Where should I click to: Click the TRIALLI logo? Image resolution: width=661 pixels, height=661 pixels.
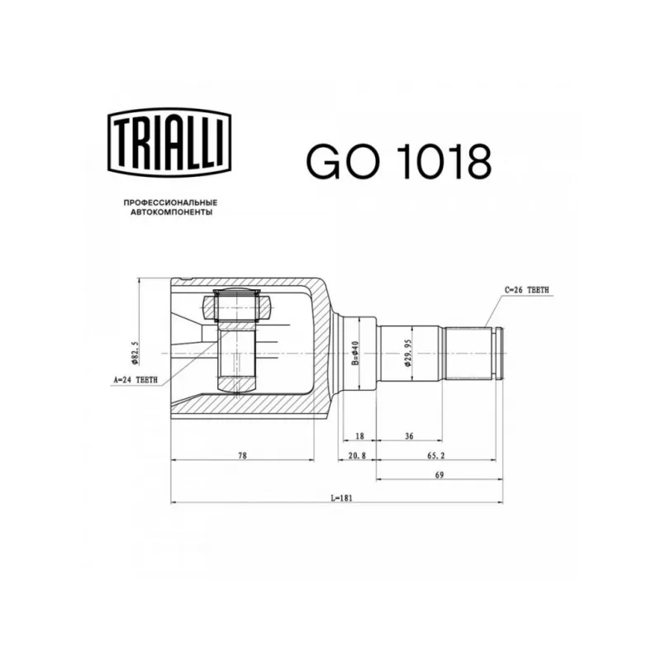pos(169,142)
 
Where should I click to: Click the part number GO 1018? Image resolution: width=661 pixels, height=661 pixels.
pos(399,161)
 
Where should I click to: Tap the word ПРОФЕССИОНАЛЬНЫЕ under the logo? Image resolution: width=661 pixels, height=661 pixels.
pos(170,202)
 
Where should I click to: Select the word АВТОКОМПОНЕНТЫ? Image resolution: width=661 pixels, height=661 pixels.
pos(171,212)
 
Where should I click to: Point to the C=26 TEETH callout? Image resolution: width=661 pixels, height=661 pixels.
pos(527,290)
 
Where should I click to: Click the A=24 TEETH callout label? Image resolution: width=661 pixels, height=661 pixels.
pos(136,380)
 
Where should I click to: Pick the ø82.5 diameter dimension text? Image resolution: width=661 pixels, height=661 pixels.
pos(135,353)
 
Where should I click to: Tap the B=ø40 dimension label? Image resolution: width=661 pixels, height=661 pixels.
pos(355,354)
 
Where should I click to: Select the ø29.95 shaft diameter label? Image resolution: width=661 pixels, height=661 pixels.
pos(407,353)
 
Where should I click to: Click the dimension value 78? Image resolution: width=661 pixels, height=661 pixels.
pos(242,455)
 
